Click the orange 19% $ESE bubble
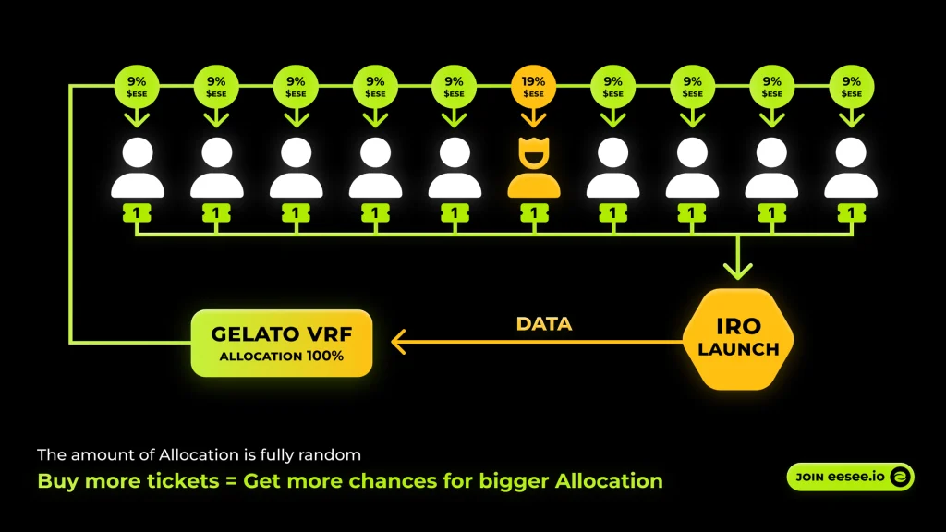[x=534, y=86]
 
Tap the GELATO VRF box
[x=281, y=343]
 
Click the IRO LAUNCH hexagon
[x=738, y=339]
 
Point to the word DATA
[x=543, y=324]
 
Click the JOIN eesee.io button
[x=850, y=477]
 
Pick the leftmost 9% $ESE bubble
[x=137, y=86]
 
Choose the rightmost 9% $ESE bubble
[x=851, y=86]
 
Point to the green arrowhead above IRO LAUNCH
[x=737, y=271]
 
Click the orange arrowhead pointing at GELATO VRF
[x=398, y=342]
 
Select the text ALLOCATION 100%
[x=281, y=356]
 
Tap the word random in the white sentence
[x=336, y=454]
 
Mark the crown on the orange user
[x=534, y=143]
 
